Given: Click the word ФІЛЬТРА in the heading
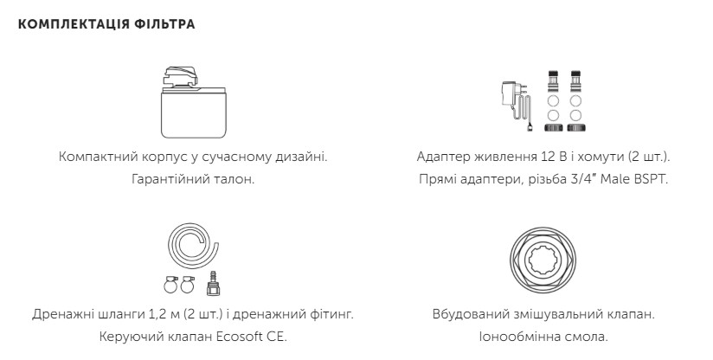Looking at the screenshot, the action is [x=164, y=24].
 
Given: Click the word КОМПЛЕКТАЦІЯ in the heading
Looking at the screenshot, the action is [x=74, y=24].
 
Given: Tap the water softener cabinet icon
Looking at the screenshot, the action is [x=193, y=102].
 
